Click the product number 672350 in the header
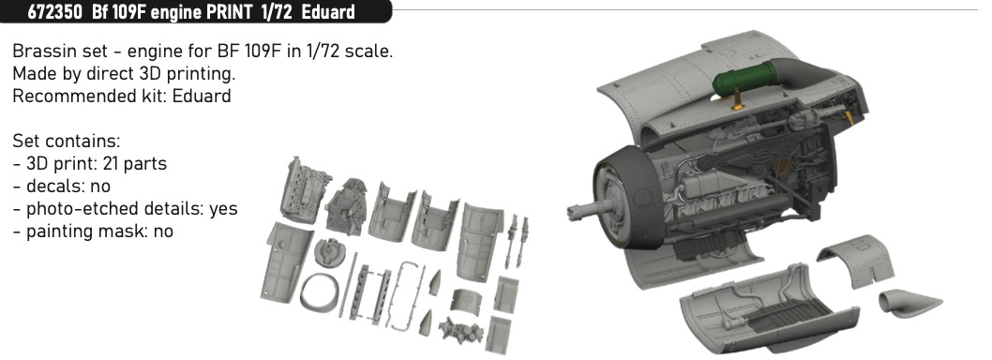coord(53,11)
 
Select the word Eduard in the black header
coord(328,11)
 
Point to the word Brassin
coord(40,52)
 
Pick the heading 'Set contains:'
coord(67,141)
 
